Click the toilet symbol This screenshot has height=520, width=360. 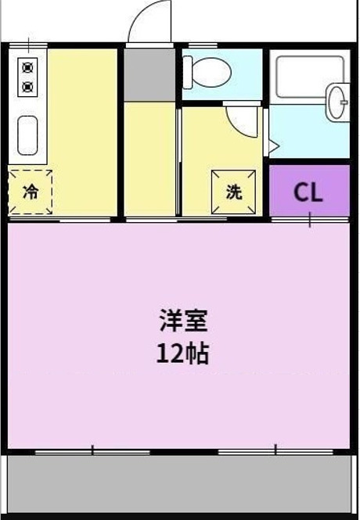pyautogui.click(x=213, y=70)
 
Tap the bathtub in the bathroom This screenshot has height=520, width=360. pyautogui.click(x=301, y=78)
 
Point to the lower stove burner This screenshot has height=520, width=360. pyautogui.click(x=28, y=86)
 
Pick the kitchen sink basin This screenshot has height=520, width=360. pyautogui.click(x=28, y=134)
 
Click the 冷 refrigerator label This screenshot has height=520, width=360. pyautogui.click(x=30, y=192)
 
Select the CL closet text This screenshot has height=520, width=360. pyautogui.click(x=308, y=193)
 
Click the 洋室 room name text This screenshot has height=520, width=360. pyautogui.click(x=183, y=320)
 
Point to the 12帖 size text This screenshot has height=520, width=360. pyautogui.click(x=183, y=354)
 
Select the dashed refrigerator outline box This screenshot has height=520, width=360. pyautogui.click(x=30, y=192)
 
